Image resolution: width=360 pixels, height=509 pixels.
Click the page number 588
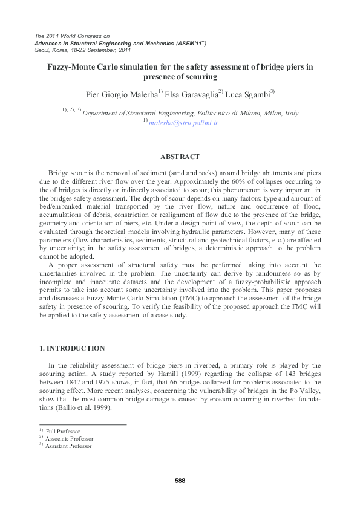click(x=179, y=481)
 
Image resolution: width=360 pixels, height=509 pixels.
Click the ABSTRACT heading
click(x=180, y=157)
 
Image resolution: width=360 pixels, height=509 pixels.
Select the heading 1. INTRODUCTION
click(x=72, y=349)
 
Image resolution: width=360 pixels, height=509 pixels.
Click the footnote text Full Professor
click(x=63, y=431)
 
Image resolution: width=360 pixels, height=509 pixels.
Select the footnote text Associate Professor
click(x=70, y=438)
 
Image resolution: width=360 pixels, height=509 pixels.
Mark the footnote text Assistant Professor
click(x=68, y=446)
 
